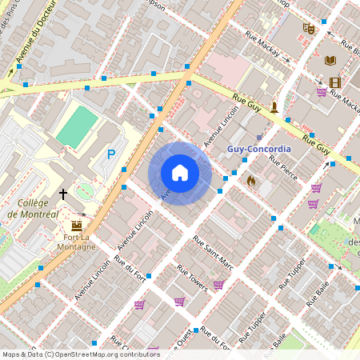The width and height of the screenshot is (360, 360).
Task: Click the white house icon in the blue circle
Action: click(180, 173)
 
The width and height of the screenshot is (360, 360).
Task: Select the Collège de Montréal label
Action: click(33, 209)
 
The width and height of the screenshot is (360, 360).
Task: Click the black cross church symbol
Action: click(63, 194)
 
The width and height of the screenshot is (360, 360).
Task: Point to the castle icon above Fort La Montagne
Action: click(77, 225)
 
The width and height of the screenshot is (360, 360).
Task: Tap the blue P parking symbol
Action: click(111, 154)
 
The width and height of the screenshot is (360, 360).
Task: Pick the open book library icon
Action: click(330, 59)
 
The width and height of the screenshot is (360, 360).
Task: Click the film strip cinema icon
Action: click(334, 82)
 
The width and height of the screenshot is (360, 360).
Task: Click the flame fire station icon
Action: click(250, 182)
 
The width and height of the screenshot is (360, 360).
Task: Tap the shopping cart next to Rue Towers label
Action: click(218, 284)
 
